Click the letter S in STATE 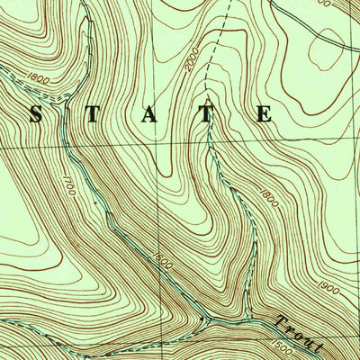click(x=36, y=114)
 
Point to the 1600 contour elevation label click(x=162, y=258)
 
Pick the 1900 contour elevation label click(x=328, y=289)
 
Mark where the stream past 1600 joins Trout click(x=206, y=318)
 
